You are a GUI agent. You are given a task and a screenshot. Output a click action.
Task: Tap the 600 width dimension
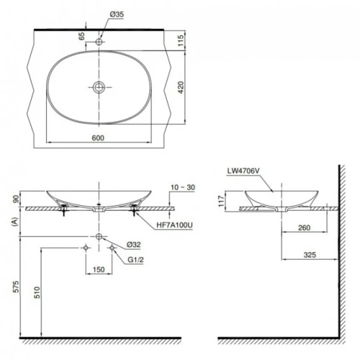[x=98, y=138]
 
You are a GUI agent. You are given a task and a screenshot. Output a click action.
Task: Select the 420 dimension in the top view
[x=181, y=88]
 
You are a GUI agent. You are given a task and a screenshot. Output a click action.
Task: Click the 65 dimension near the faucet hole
[x=82, y=37]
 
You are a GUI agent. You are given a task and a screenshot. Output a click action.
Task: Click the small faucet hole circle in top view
[x=99, y=42]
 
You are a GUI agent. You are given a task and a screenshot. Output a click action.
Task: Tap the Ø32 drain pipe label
[x=133, y=244]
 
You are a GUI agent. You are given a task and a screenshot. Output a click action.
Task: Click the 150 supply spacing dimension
[x=99, y=269]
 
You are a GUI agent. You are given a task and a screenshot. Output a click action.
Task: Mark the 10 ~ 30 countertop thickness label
[x=183, y=187]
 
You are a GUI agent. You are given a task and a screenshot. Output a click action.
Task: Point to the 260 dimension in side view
[x=304, y=227]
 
